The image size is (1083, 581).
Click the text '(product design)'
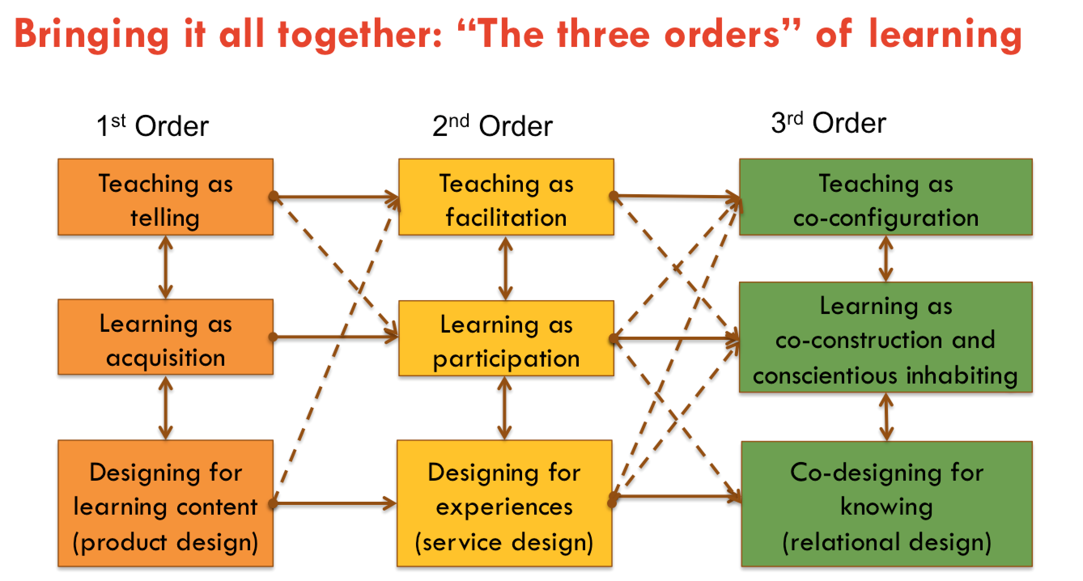(x=165, y=542)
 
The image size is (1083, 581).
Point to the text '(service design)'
(x=504, y=542)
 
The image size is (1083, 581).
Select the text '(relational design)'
(x=886, y=542)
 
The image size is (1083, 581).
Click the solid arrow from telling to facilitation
(x=336, y=196)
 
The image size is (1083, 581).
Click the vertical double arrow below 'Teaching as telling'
(x=166, y=267)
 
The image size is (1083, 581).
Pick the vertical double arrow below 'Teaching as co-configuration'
(x=886, y=258)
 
